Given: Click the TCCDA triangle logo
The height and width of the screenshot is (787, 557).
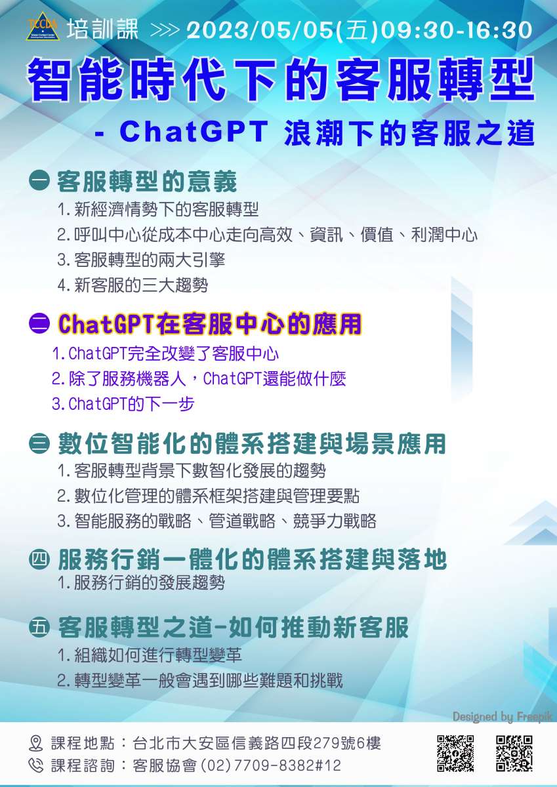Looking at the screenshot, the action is pos(43,27).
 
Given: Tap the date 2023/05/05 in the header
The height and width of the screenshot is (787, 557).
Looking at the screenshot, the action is pos(260,30).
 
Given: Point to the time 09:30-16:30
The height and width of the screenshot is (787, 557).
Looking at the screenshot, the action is pos(456,30).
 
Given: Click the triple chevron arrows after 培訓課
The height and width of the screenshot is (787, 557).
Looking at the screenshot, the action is pos(165,31).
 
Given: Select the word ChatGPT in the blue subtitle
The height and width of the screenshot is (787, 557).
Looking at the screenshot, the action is pos(194,132).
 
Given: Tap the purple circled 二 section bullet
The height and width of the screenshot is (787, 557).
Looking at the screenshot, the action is pos(39,323).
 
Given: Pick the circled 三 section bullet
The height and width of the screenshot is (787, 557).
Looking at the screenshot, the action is pos(39,443).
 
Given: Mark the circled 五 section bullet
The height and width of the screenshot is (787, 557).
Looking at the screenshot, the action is pos(39,628).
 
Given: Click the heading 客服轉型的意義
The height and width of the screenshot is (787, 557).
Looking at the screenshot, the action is pos(147,182).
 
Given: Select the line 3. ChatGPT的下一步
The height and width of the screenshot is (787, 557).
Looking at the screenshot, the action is pos(123,404).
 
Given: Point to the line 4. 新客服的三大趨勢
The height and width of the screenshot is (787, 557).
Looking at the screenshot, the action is pos(133,285).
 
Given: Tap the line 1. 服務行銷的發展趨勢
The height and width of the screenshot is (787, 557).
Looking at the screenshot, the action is pos(141,583).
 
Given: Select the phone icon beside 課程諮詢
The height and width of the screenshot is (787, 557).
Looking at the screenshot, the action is pos(35,765).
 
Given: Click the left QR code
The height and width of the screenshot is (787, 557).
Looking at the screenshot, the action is pos(455,754).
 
